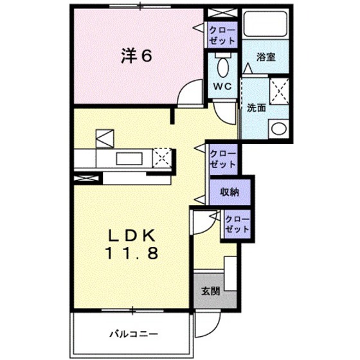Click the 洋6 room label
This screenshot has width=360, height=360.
point(137,56)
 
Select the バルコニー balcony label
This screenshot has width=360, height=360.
point(133,334)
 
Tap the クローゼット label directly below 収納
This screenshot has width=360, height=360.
point(236,223)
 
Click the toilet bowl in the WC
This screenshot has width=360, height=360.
point(222,66)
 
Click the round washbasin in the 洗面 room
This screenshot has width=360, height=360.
point(279,129)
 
